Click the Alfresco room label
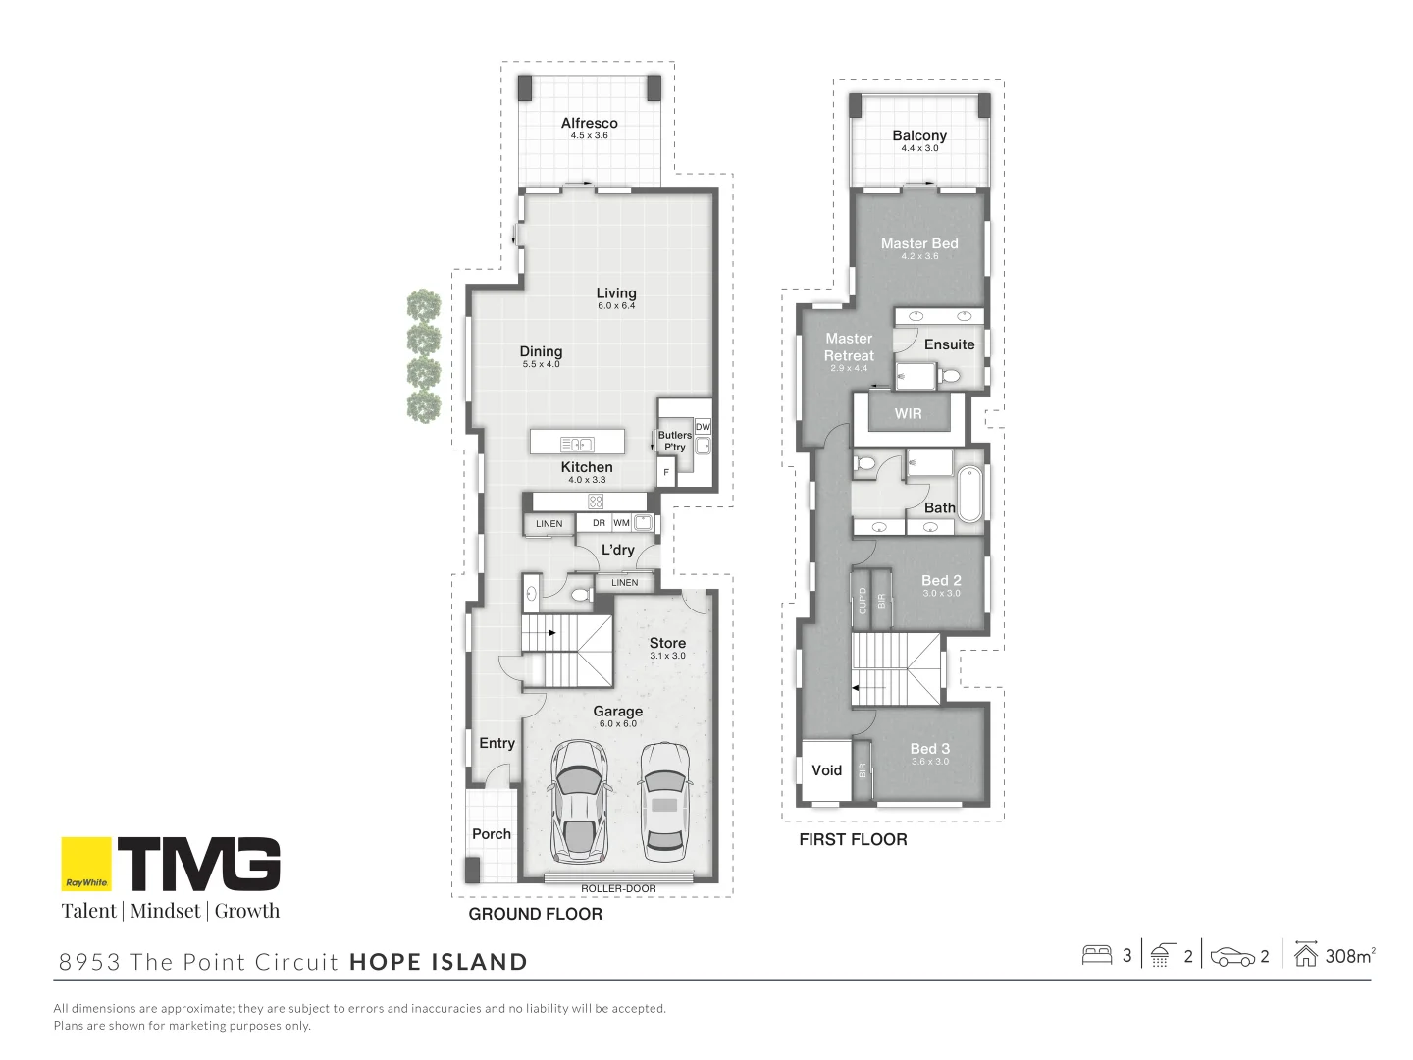(x=589, y=124)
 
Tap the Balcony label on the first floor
(x=919, y=136)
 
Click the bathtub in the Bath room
(x=969, y=495)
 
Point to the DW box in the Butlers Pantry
(x=703, y=427)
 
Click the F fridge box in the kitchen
(x=666, y=473)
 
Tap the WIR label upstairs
(x=908, y=414)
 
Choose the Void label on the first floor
(x=826, y=770)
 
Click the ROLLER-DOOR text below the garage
(x=618, y=889)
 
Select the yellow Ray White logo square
(x=86, y=864)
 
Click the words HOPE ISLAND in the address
(x=439, y=962)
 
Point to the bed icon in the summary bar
(x=1096, y=955)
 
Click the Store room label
(x=667, y=644)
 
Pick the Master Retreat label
(x=849, y=347)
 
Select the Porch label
(x=492, y=834)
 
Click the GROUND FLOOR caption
(x=535, y=914)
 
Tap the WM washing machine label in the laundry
(x=622, y=523)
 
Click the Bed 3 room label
(x=929, y=749)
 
